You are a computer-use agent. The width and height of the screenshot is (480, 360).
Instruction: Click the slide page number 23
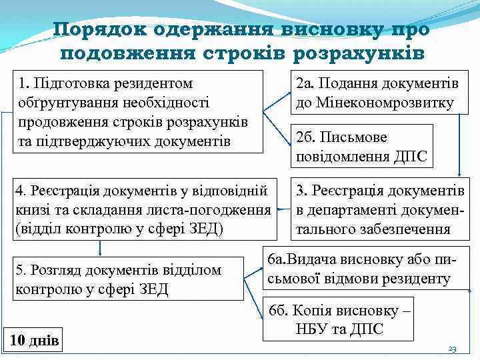coord(453,349)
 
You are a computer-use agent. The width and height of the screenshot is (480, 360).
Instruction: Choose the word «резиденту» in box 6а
coord(417,279)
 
